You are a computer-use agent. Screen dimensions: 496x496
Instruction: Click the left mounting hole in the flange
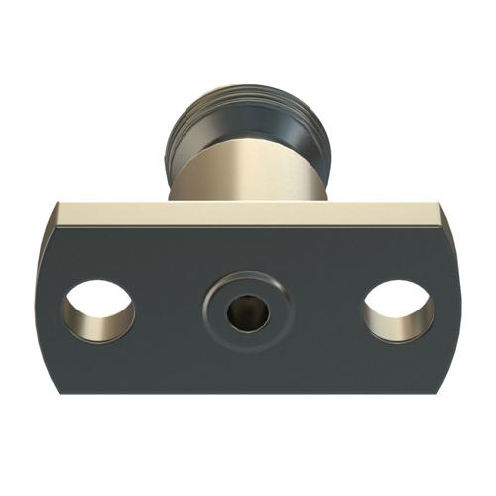click(x=98, y=311)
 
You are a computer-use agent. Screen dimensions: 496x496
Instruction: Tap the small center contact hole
click(x=246, y=315)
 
